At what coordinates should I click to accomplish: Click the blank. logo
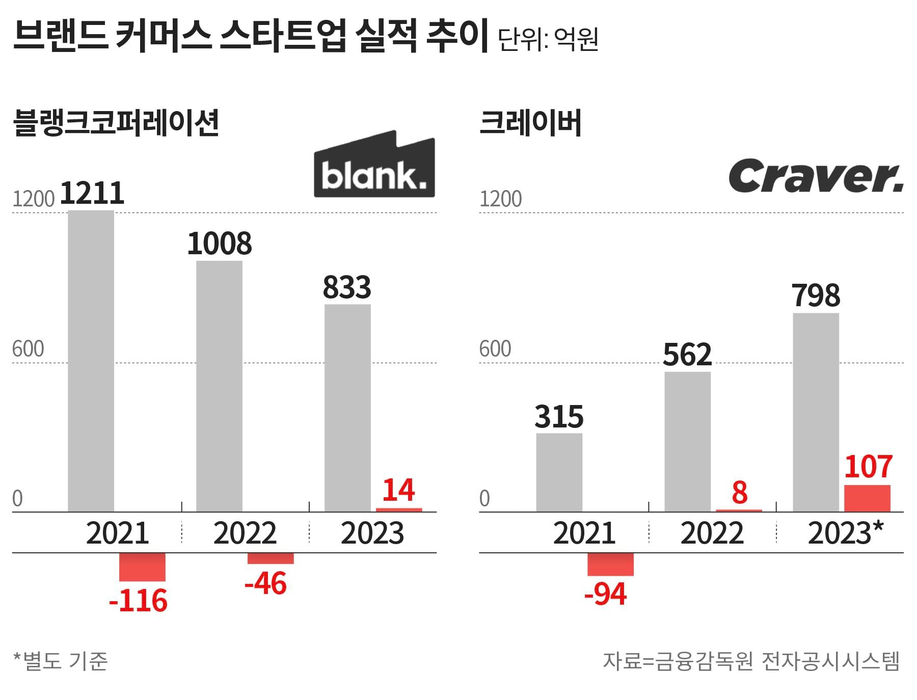(x=374, y=165)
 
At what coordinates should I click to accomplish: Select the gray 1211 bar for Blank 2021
(x=91, y=361)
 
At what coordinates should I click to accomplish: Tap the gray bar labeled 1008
(x=219, y=386)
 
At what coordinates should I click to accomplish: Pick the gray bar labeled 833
(x=347, y=408)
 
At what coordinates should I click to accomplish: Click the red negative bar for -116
(x=142, y=567)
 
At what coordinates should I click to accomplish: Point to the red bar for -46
(x=271, y=558)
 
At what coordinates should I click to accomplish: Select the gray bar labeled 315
(x=559, y=472)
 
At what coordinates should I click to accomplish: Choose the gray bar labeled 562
(x=687, y=442)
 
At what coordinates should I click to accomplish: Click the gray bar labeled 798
(x=816, y=412)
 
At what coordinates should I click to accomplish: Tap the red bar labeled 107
(x=867, y=498)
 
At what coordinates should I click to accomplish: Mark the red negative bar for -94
(x=610, y=564)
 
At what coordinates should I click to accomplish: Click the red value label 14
(x=398, y=490)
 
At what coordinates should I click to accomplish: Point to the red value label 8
(x=739, y=493)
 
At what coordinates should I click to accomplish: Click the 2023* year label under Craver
(x=845, y=533)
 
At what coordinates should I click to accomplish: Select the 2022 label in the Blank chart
(x=245, y=533)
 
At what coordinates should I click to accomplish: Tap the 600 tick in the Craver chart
(x=495, y=349)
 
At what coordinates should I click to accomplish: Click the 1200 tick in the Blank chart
(x=33, y=199)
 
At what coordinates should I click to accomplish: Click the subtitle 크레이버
(x=530, y=124)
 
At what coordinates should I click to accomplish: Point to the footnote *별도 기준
(x=60, y=661)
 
